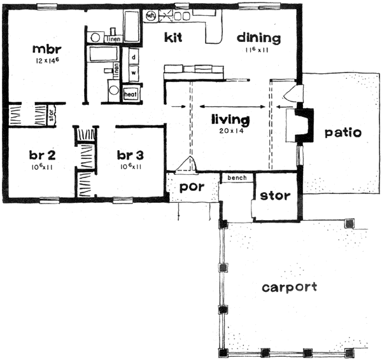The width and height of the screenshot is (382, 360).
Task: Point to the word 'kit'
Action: pyautogui.click(x=173, y=38)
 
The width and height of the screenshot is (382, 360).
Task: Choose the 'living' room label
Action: pyautogui.click(x=230, y=118)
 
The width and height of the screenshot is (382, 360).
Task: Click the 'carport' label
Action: pyautogui.click(x=289, y=287)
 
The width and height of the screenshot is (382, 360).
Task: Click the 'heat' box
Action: pyautogui.click(x=131, y=94)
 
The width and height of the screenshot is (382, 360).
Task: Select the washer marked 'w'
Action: pyautogui.click(x=134, y=71)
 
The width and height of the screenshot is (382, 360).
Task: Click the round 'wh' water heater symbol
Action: pyautogui.click(x=152, y=15)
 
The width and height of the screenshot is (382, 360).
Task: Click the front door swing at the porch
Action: pyautogui.click(x=187, y=165)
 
